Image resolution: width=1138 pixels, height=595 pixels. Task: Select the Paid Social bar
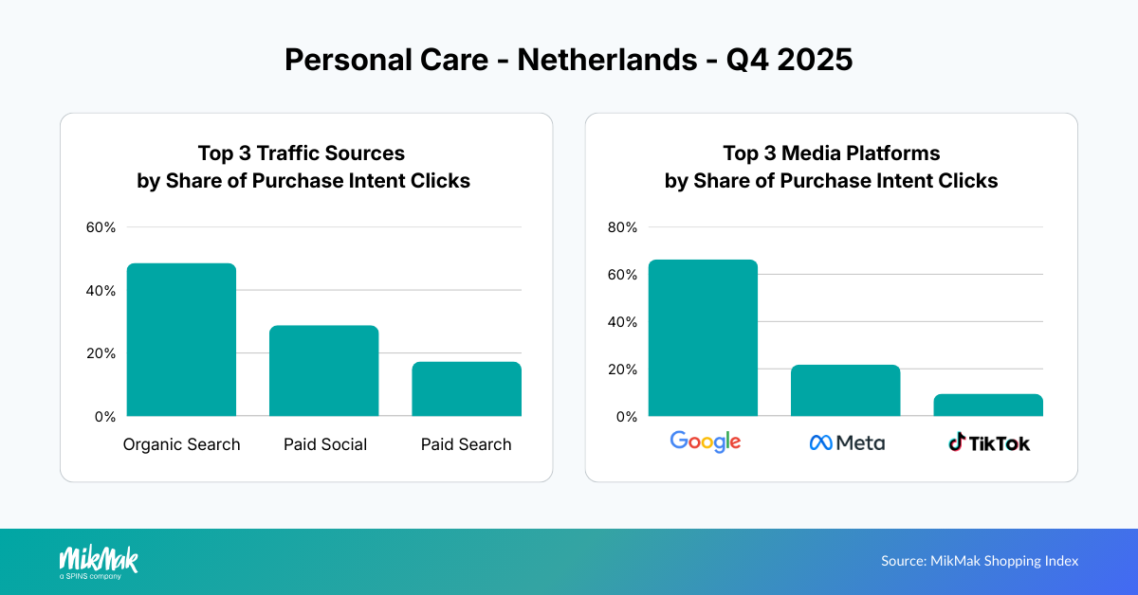pos(323,370)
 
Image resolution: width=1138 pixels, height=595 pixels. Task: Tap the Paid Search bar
pos(466,388)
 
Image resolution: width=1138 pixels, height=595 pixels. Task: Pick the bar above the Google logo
pos(703,337)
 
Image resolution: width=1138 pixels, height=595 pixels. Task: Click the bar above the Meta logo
pos(845,390)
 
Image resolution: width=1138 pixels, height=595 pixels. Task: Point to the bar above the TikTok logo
pos(987,406)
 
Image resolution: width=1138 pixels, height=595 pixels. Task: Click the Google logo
pos(705,442)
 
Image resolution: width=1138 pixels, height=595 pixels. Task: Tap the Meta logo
pos(846,442)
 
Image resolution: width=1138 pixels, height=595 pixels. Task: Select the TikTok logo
pos(989,442)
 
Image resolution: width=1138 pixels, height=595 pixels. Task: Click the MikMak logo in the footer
pos(98,561)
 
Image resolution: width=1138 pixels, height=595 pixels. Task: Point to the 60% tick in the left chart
pos(101,227)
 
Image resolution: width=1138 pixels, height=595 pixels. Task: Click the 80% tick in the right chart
pos(623,227)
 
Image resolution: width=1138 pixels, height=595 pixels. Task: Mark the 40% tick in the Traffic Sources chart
pos(101,290)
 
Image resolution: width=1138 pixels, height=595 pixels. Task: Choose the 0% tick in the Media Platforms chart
pos(627,416)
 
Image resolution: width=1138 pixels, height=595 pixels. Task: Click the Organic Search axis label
pos(181,444)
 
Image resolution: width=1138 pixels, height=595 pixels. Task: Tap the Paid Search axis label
pos(466,444)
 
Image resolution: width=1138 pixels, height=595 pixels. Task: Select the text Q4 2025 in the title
pos(789,60)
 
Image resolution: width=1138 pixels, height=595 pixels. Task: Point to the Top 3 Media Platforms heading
pos(831,153)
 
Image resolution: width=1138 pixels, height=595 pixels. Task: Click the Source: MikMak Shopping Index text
pos(980,561)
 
